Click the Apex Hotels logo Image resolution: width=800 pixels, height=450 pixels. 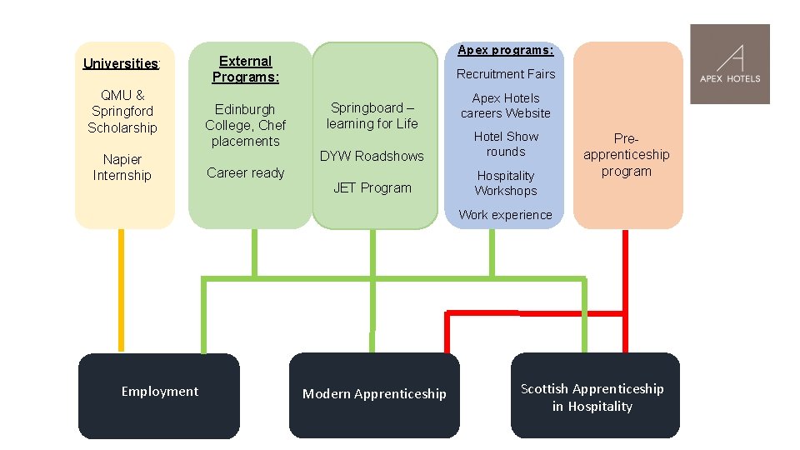[730, 64]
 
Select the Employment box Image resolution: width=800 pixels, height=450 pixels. [159, 396]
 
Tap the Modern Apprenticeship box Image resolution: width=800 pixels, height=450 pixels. [374, 395]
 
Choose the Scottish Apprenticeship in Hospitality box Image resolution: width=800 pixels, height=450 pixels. [595, 395]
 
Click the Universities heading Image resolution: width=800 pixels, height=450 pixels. [122, 64]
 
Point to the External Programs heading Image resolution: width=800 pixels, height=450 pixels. [245, 69]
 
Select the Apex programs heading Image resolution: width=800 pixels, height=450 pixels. [506, 50]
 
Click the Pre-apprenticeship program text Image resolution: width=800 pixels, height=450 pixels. [627, 155]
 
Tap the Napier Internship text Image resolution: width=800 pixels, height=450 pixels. [122, 167]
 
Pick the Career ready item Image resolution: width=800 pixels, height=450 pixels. [245, 173]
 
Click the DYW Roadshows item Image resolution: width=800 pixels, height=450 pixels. [372, 156]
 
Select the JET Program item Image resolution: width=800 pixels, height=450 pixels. [372, 187]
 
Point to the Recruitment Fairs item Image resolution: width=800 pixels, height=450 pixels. [506, 74]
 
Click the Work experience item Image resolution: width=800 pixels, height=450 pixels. [506, 215]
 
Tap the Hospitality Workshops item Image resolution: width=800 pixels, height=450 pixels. [506, 183]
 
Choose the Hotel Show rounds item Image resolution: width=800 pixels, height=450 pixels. [506, 144]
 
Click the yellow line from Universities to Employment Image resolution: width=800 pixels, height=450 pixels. [122, 290]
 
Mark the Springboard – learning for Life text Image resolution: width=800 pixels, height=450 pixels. [372, 116]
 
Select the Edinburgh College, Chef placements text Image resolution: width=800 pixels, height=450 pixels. [245, 125]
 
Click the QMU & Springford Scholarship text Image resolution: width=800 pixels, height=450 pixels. [122, 111]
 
